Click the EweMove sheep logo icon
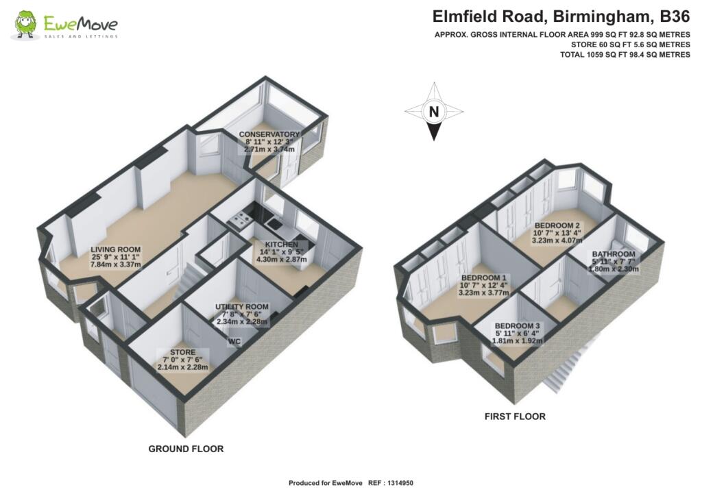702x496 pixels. coord(25,26)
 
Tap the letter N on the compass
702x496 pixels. coord(433,111)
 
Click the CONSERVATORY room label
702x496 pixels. coord(269,134)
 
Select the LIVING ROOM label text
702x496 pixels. coord(116,249)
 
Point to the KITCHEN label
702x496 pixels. coord(277,244)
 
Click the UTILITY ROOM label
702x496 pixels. coord(242,306)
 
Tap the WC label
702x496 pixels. coord(235,341)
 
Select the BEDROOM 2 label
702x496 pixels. coord(557,225)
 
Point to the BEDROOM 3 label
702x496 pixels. coord(518,325)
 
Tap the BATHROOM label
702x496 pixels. coord(614,254)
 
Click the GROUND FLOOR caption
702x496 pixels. coord(186,449)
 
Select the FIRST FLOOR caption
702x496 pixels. coord(515,416)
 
